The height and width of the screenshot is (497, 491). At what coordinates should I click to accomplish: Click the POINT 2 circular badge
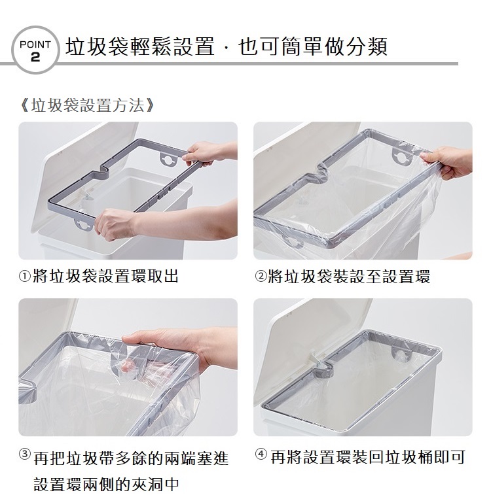pyautogui.click(x=35, y=50)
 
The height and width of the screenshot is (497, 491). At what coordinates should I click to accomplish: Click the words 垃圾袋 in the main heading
pyautogui.click(x=97, y=46)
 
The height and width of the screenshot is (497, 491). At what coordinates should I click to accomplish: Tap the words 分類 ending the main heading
pyautogui.click(x=367, y=46)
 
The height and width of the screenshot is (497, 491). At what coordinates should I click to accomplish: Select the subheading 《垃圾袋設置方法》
pyautogui.click(x=86, y=105)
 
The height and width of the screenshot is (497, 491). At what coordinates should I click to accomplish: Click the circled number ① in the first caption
pyautogui.click(x=25, y=277)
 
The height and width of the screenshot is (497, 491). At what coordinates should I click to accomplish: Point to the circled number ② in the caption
pyautogui.click(x=261, y=277)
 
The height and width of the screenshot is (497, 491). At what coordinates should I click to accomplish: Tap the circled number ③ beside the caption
pyautogui.click(x=25, y=454)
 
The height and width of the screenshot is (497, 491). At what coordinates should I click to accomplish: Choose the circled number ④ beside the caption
pyautogui.click(x=261, y=454)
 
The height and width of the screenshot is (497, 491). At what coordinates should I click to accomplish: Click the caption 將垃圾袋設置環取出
pyautogui.click(x=105, y=276)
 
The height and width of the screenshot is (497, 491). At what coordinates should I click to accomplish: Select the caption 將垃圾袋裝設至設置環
pyautogui.click(x=349, y=277)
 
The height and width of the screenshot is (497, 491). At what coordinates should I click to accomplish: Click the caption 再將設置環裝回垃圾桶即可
pyautogui.click(x=367, y=457)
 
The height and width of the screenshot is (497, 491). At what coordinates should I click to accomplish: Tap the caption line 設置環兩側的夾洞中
pyautogui.click(x=106, y=484)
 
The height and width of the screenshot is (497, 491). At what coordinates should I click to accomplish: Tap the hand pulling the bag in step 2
pyautogui.click(x=447, y=162)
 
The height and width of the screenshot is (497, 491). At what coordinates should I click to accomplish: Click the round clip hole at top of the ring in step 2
pyautogui.click(x=401, y=156)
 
